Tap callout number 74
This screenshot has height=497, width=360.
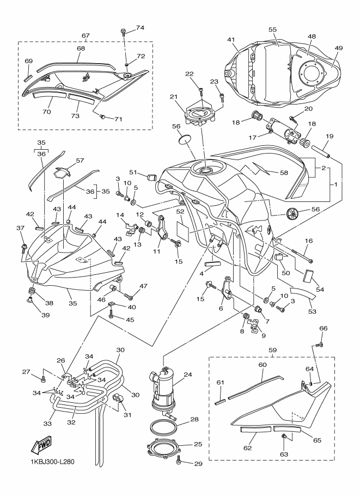[x=140, y=27]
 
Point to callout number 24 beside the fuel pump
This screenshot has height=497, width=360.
[x=188, y=375]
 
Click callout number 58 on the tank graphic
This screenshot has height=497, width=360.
[x=283, y=173]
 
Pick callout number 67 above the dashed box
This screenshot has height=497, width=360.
[x=86, y=36]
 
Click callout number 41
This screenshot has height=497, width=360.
[x=230, y=40]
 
